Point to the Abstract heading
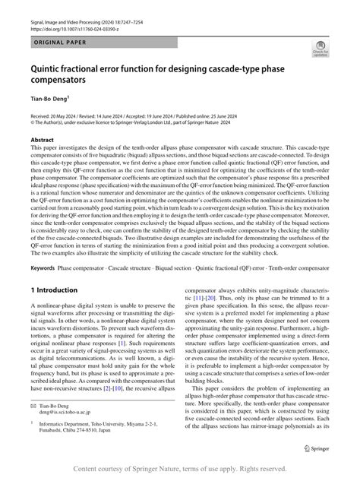click(42, 140)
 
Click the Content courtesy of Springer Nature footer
click(180, 467)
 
